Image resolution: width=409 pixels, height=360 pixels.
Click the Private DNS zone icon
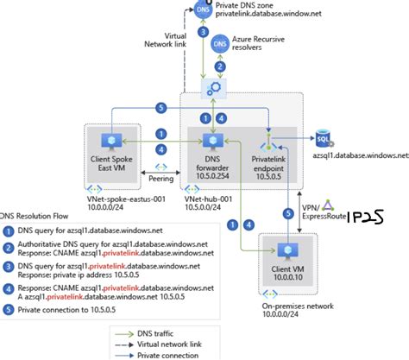203,10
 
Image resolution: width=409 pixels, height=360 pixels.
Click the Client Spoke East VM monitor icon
110,142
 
